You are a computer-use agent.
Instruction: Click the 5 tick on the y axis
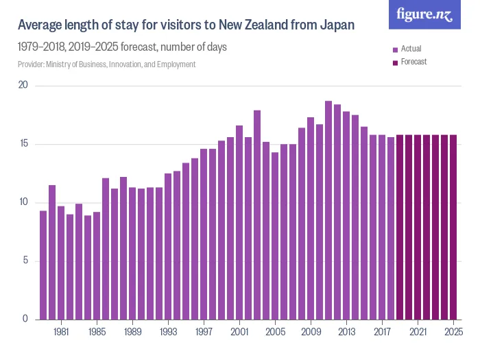pyautogui.click(x=25, y=261)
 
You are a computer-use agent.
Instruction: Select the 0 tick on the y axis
pyautogui.click(x=25, y=319)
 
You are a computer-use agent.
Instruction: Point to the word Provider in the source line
pyautogui.click(x=31, y=64)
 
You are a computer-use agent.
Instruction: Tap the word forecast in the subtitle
pyautogui.click(x=140, y=48)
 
